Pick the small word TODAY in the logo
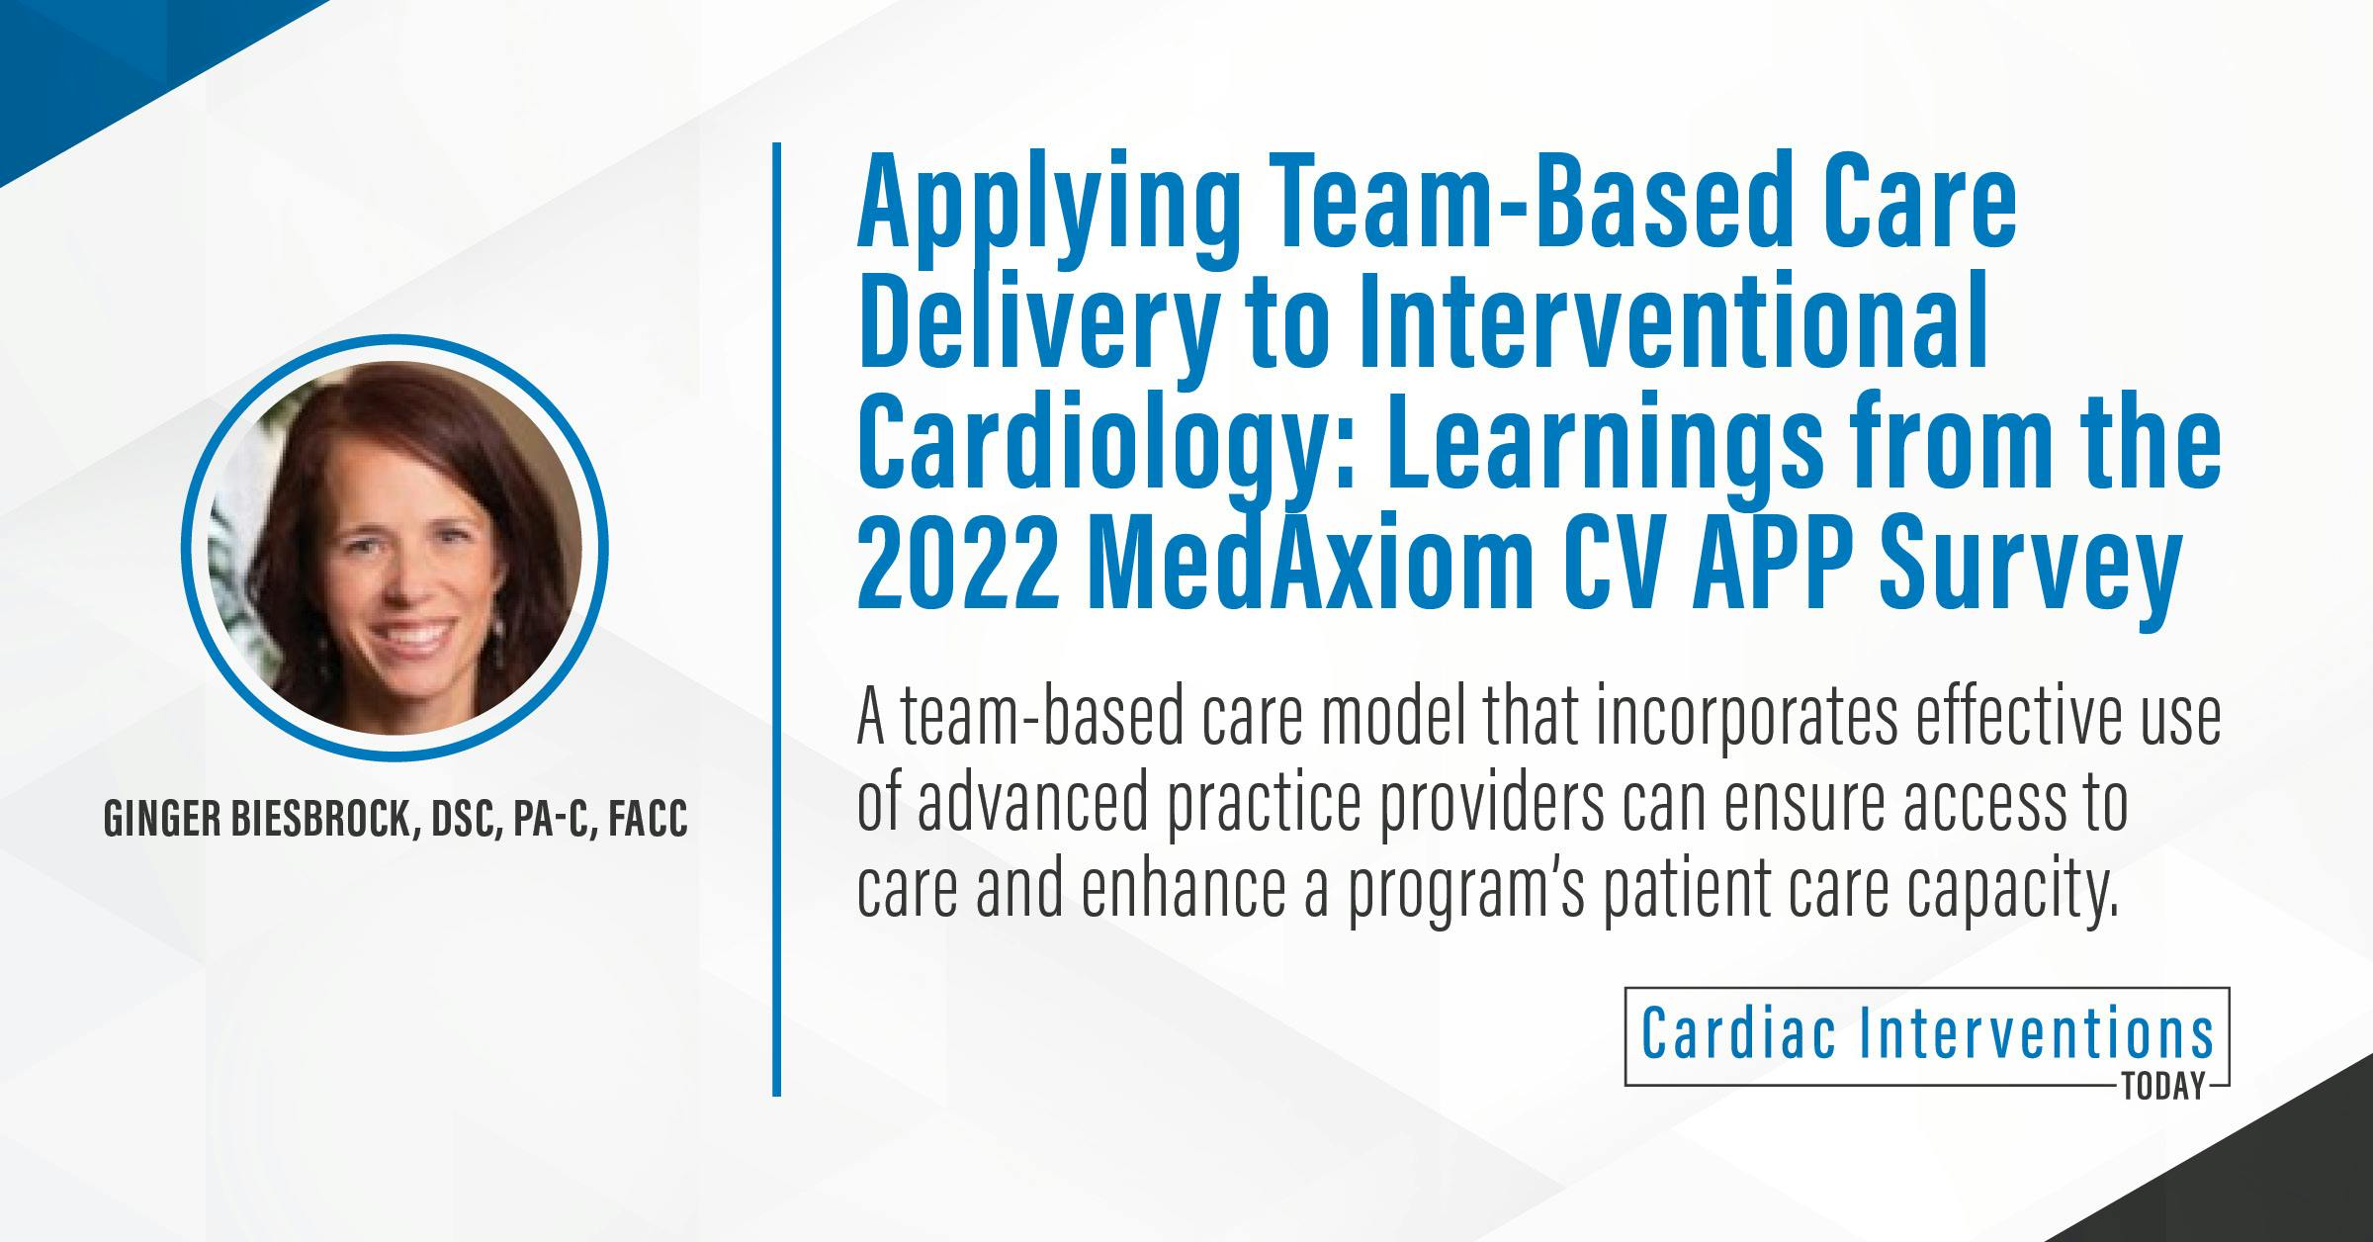(2164, 1089)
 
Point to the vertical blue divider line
(777, 619)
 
